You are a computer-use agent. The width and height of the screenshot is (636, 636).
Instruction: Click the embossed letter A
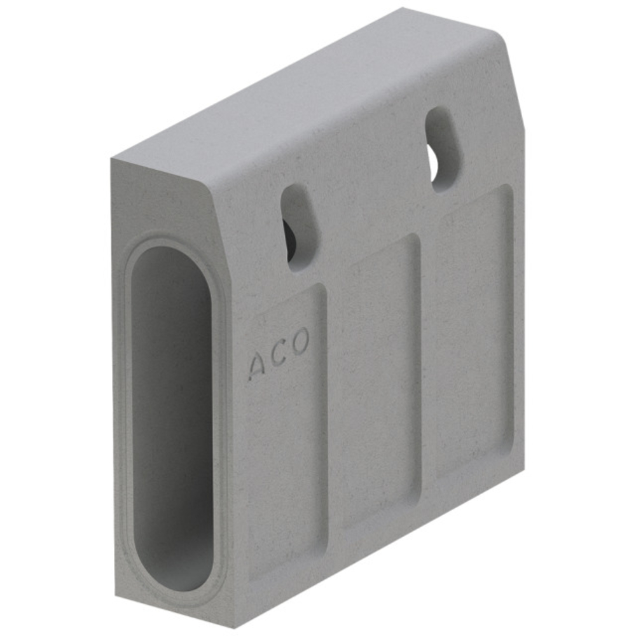tap(256, 366)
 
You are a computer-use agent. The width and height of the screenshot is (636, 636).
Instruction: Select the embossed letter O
tap(301, 341)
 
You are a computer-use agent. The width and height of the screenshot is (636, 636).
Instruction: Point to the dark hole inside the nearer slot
tap(291, 240)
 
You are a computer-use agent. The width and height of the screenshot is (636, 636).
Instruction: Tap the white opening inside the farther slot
tap(434, 165)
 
